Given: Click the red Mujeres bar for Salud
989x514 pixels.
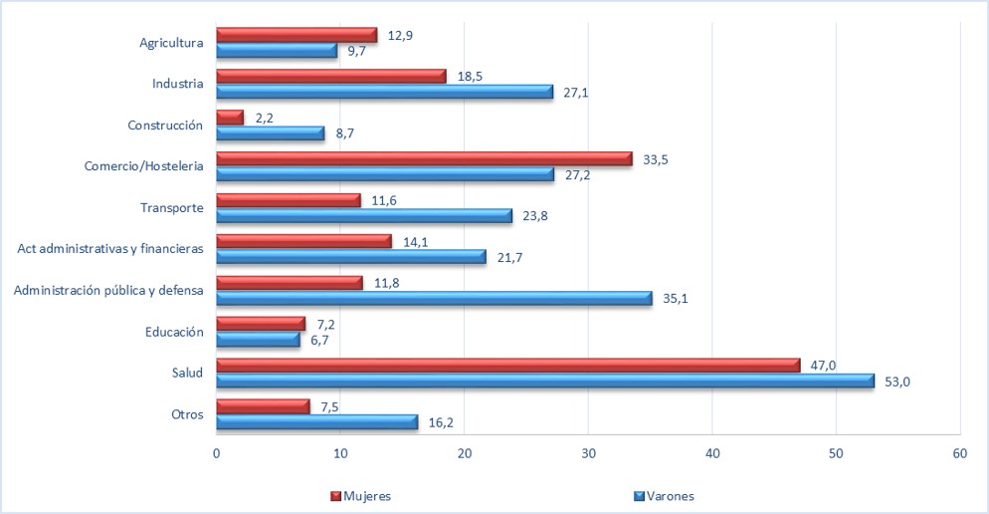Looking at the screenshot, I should click(x=507, y=365).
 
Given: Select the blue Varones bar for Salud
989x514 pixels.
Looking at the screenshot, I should click(x=545, y=381).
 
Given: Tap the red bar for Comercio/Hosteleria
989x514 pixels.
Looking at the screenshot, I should click(x=424, y=158).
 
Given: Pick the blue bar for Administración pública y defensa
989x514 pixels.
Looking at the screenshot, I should click(x=434, y=298).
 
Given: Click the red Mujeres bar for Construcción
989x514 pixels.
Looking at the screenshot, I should click(x=230, y=118).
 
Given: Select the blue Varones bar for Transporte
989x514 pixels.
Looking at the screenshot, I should click(x=364, y=215).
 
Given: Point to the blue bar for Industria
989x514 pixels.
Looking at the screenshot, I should click(x=384, y=92).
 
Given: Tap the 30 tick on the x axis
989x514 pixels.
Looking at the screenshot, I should click(x=588, y=451).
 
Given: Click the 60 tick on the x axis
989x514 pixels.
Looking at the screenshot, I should click(x=959, y=451).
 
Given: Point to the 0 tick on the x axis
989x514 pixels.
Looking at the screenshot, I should click(x=217, y=451).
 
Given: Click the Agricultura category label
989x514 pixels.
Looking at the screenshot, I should click(x=171, y=43).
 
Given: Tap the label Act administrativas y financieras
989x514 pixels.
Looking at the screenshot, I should click(x=110, y=249).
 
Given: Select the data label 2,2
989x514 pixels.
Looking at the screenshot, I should click(x=264, y=118).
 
